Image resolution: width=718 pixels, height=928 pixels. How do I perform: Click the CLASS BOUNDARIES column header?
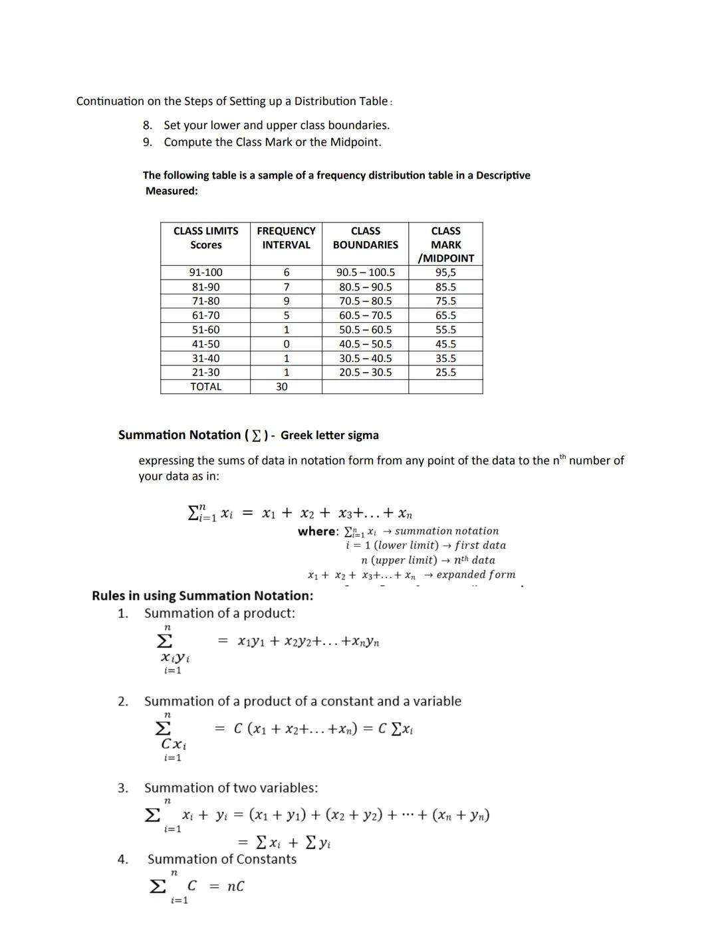coord(365,238)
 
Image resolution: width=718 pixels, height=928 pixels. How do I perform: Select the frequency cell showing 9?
coord(286,301)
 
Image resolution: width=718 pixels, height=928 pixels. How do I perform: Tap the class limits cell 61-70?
coord(205,316)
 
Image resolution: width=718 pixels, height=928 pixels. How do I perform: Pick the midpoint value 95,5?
coord(445,272)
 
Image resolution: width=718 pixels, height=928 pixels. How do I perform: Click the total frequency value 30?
coord(282,387)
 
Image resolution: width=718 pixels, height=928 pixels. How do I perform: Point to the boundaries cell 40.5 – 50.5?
coord(365,344)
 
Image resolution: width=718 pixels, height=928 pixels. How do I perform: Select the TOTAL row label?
coord(205,387)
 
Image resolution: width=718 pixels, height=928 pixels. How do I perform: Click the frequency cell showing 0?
coord(286,344)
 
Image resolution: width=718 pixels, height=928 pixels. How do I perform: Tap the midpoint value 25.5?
coord(445,373)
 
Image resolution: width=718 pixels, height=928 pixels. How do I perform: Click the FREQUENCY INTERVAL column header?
coord(286,238)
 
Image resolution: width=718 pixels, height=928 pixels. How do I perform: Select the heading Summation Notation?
coord(179,435)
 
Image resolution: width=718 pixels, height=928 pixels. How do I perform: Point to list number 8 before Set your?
coord(148,125)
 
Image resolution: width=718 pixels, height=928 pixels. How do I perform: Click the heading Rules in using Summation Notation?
coord(202,596)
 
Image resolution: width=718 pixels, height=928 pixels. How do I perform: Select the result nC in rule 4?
coord(235,887)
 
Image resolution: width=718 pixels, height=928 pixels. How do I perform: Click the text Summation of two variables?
coord(231,788)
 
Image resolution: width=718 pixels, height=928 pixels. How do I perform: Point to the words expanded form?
coord(475,575)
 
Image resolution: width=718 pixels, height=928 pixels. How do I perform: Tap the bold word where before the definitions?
coord(318,531)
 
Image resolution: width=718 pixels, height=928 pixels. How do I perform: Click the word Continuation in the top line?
coord(110,101)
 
